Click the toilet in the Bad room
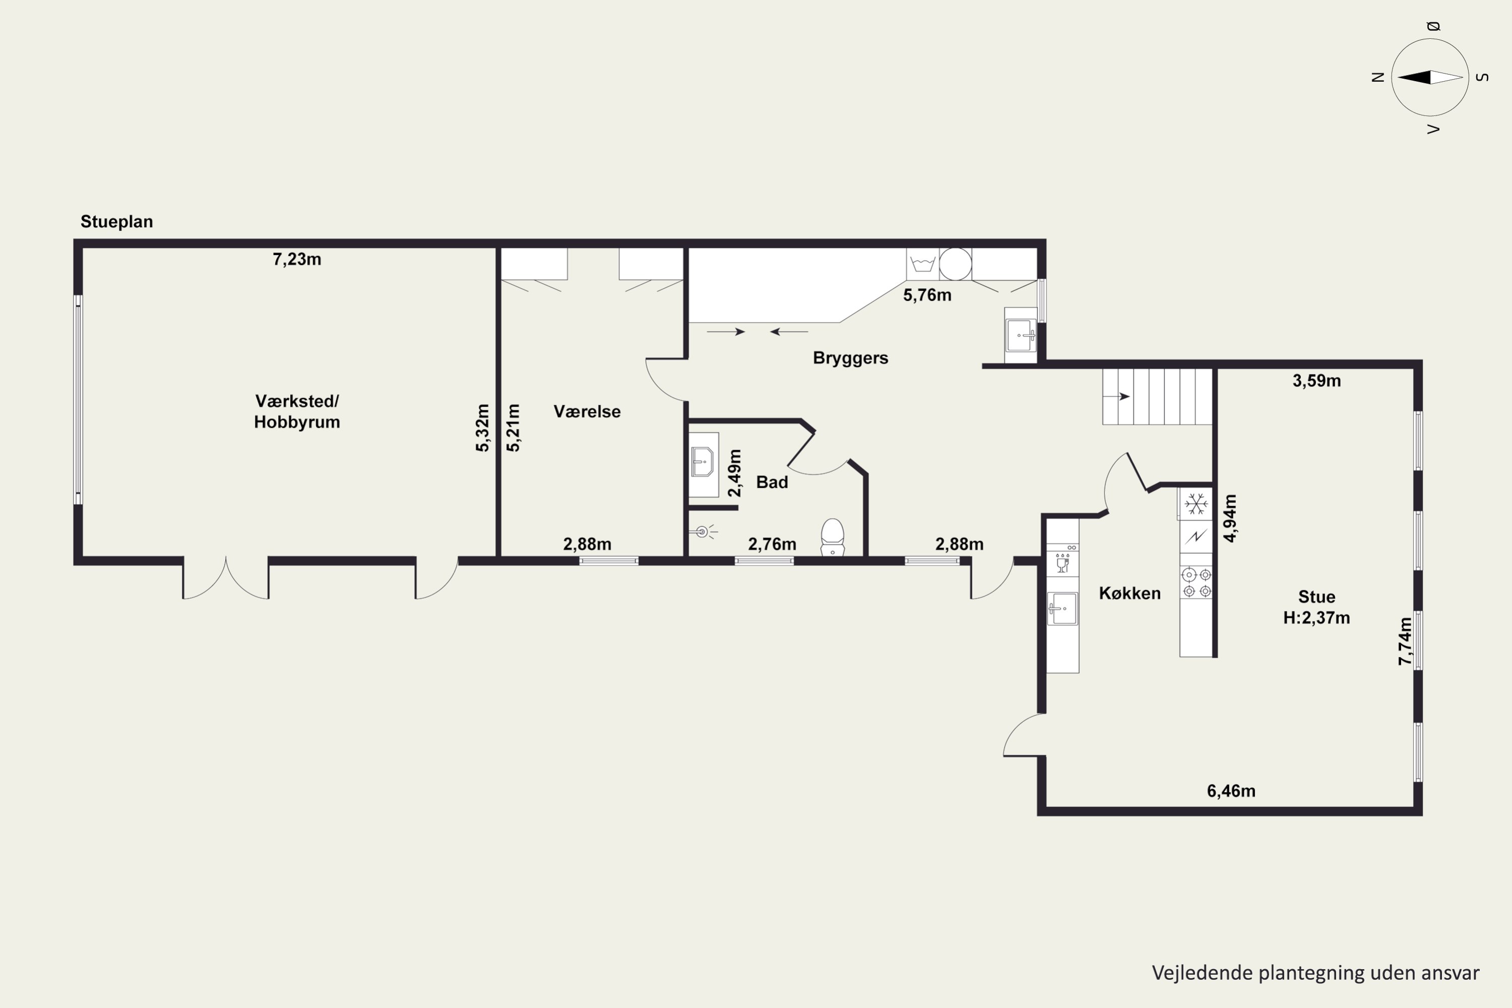(x=833, y=537)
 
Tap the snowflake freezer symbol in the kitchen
(x=1195, y=503)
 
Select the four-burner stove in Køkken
(x=1196, y=583)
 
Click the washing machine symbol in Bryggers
(x=922, y=264)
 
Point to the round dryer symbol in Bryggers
(x=955, y=264)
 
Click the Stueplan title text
(x=116, y=222)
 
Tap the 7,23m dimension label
(x=297, y=259)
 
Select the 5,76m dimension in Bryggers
(x=927, y=295)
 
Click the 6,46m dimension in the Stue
(x=1231, y=791)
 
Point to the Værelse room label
(x=587, y=411)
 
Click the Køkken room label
(x=1129, y=593)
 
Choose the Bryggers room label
(x=851, y=358)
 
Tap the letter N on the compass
(x=1377, y=77)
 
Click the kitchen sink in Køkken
(x=1062, y=608)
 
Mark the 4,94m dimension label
(x=1230, y=518)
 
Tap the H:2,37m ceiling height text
(x=1316, y=618)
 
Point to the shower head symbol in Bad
(x=705, y=532)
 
